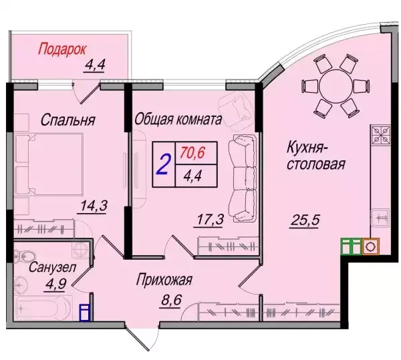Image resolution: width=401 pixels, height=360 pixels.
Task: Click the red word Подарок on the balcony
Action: [62, 49]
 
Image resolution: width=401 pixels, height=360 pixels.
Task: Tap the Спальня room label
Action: [68, 120]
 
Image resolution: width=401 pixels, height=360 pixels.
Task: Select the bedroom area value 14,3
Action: [94, 206]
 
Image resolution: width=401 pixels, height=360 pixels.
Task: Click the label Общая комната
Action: [178, 120]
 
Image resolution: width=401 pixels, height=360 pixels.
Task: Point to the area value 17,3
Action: [211, 220]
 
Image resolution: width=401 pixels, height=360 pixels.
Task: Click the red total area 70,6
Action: [192, 153]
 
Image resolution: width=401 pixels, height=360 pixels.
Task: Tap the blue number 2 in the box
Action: [164, 165]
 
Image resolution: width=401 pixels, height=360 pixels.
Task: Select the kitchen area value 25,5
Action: [305, 220]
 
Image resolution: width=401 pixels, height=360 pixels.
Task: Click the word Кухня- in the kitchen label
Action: [303, 148]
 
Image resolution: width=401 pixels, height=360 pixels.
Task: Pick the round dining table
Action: [336, 86]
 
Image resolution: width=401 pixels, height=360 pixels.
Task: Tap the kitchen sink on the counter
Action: [381, 218]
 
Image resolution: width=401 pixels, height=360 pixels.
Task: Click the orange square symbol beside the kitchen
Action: [370, 246]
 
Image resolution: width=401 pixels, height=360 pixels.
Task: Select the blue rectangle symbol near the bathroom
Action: [84, 312]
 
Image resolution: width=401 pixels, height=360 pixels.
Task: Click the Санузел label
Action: [52, 268]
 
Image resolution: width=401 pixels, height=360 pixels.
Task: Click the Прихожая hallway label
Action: [164, 280]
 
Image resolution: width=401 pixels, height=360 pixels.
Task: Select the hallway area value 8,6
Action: [171, 300]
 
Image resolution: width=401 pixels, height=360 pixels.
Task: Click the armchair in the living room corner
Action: [235, 109]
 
